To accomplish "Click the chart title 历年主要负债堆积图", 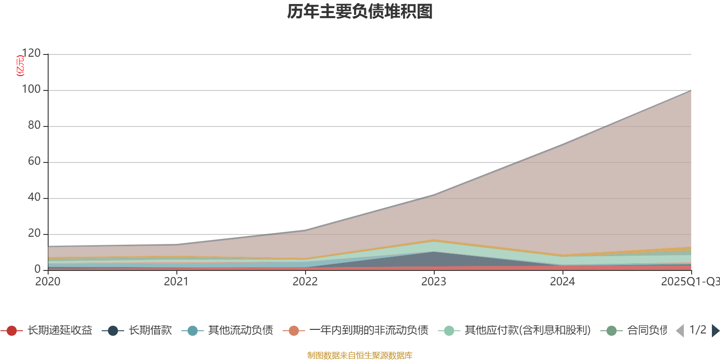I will click(x=360, y=12).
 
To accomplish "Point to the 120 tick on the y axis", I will click(x=31, y=54).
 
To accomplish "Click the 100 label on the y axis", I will click(x=31, y=90).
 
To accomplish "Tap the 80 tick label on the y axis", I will click(x=34, y=126).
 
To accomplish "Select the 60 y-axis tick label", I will click(x=34, y=162).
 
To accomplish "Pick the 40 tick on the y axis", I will click(x=34, y=198).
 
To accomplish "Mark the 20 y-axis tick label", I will click(x=34, y=234).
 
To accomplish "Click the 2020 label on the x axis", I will click(x=48, y=282).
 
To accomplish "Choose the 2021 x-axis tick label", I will click(x=176, y=282).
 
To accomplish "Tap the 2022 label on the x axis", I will click(x=305, y=282).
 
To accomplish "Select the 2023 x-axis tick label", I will click(x=434, y=282).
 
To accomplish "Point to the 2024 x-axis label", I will click(x=562, y=282).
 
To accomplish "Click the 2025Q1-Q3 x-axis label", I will click(x=689, y=282).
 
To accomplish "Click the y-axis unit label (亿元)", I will click(x=20, y=66).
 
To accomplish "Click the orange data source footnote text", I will click(x=360, y=355).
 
